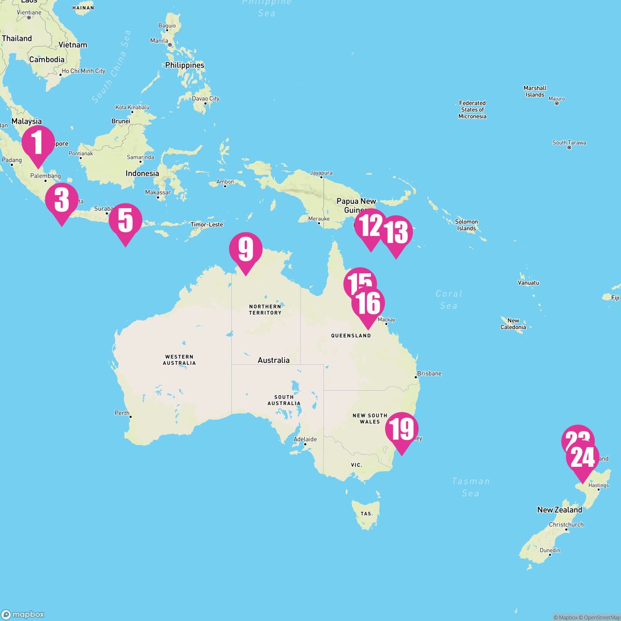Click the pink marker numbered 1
(x=38, y=143)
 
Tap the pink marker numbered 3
(x=62, y=200)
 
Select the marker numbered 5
(x=125, y=221)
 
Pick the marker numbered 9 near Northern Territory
(x=246, y=249)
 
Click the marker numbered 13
(x=396, y=233)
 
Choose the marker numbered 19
(x=402, y=430)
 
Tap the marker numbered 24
(x=582, y=458)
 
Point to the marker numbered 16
(x=368, y=304)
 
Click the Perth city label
(x=122, y=413)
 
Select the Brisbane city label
(x=429, y=373)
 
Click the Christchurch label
(x=566, y=524)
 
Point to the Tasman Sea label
(x=470, y=487)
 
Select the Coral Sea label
(x=449, y=299)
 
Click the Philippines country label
(x=185, y=65)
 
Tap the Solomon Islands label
(x=466, y=225)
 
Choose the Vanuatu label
(x=528, y=283)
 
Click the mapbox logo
(x=23, y=614)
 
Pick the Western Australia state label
(x=179, y=360)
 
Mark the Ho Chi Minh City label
(x=83, y=71)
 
